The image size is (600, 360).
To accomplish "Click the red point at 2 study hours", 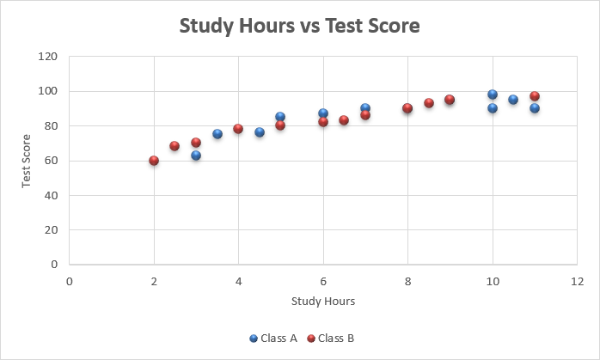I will click(154, 161).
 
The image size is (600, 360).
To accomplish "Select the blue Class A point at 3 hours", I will click(196, 156).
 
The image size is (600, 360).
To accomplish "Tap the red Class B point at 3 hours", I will click(196, 143).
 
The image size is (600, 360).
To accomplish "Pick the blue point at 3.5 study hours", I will click(217, 134).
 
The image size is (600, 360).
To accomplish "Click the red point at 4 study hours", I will click(238, 129).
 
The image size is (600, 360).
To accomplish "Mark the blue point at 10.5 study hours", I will click(513, 100).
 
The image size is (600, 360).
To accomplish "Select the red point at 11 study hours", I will click(535, 96).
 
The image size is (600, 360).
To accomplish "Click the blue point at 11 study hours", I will click(535, 108).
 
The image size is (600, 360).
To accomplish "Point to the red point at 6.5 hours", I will click(344, 120).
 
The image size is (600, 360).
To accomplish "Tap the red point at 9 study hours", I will click(450, 100).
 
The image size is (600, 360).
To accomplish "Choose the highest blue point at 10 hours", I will click(493, 95).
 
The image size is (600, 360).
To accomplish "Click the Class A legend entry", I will click(273, 339).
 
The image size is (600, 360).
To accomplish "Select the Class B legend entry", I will click(331, 339).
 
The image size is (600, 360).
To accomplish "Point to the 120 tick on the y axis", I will click(49, 57).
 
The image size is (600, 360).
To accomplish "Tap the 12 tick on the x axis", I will click(577, 281).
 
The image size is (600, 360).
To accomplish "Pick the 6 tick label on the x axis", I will click(323, 281).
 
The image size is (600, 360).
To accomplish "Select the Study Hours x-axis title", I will click(323, 302).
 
